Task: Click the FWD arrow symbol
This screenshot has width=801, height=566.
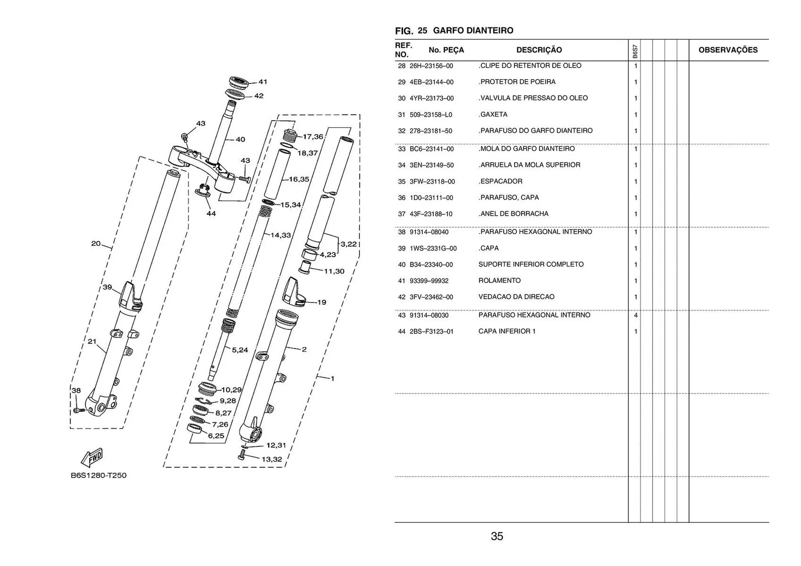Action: [x=92, y=457]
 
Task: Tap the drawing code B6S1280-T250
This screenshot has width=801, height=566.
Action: [x=98, y=476]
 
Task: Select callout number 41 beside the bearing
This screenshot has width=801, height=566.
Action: [x=263, y=82]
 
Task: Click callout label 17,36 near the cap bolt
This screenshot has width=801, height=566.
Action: [x=313, y=137]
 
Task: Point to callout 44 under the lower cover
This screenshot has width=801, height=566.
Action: [x=211, y=213]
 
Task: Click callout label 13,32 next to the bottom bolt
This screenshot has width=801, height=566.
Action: [x=272, y=459]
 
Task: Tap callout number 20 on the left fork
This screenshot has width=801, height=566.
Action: [x=96, y=243]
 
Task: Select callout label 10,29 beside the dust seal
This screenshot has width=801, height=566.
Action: [x=231, y=390]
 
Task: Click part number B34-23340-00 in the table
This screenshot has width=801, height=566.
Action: [x=431, y=265]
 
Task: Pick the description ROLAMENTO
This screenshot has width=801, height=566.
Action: [x=499, y=280]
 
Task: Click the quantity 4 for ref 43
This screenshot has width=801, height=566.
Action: [x=635, y=316]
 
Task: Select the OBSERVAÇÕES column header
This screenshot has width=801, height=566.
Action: [x=728, y=50]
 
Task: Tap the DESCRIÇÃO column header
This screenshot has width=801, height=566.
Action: [x=539, y=50]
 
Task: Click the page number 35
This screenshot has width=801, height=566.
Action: [x=497, y=536]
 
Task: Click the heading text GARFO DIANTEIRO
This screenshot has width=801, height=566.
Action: [x=473, y=30]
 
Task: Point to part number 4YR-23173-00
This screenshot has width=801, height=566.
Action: [x=431, y=98]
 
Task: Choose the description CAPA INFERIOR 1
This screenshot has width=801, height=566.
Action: [x=507, y=331]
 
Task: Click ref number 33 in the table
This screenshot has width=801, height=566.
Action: [x=401, y=149]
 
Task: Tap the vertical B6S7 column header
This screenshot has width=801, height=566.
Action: [x=635, y=51]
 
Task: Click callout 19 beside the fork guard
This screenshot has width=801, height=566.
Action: [x=322, y=302]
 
